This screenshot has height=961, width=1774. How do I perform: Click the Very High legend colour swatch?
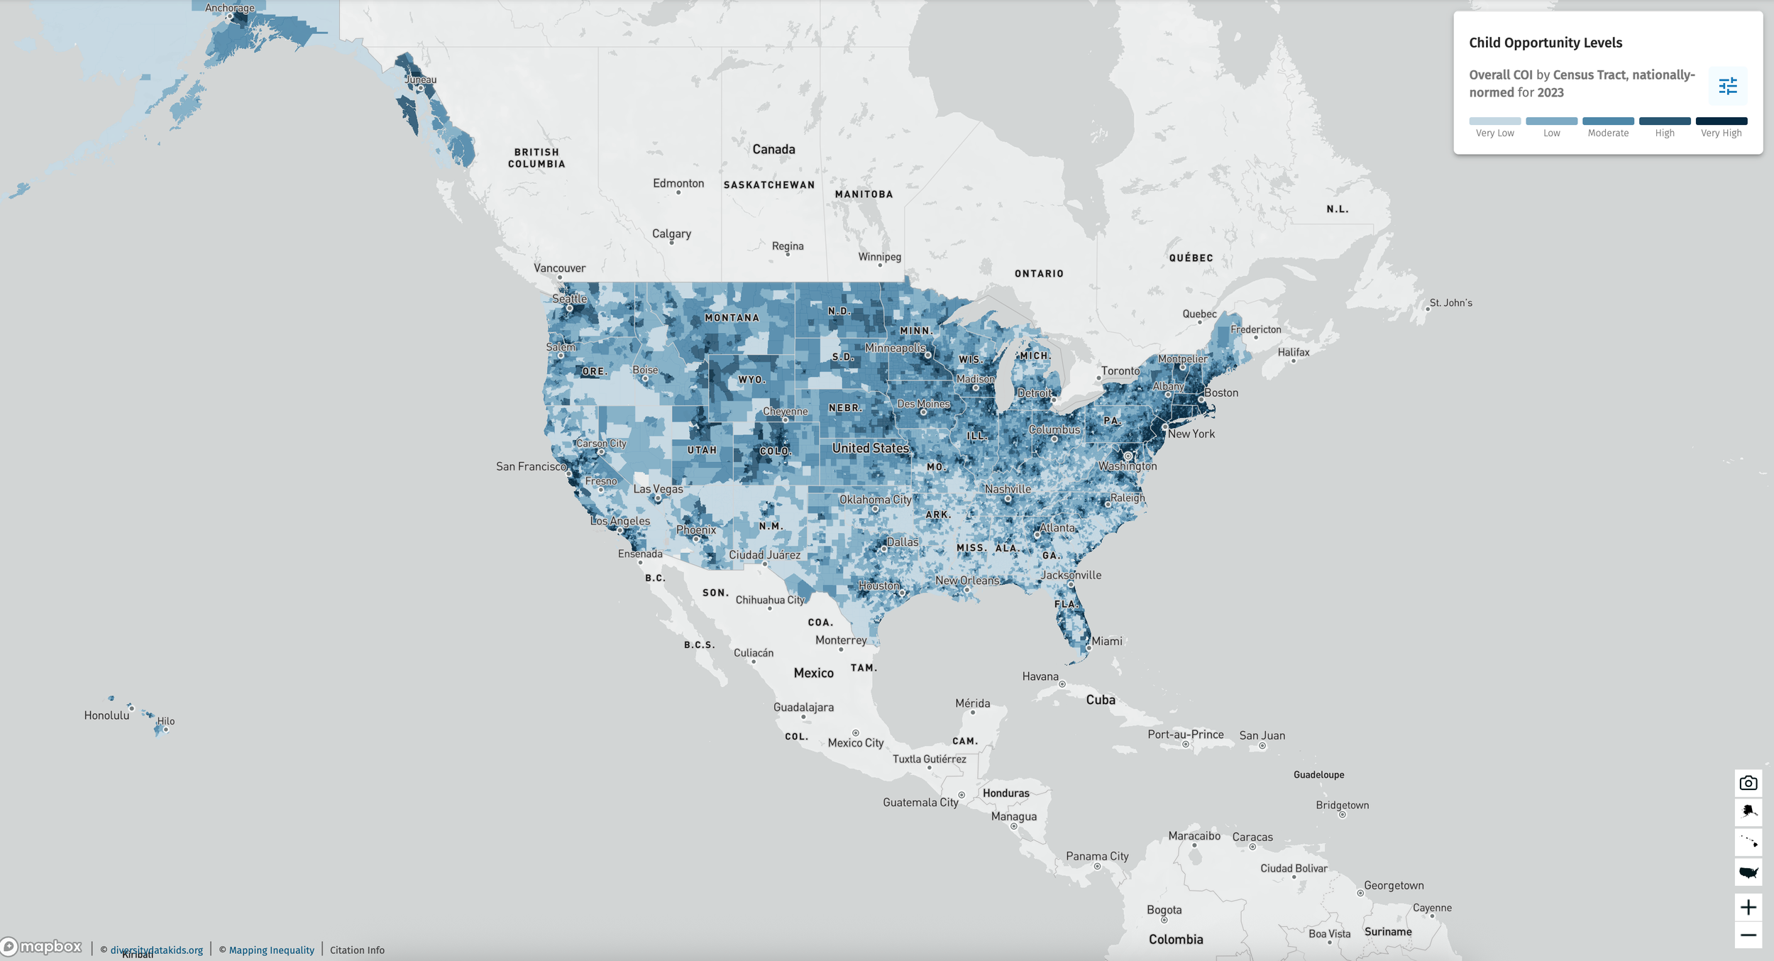click(1721, 121)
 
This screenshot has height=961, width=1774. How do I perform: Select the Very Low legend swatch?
click(1494, 121)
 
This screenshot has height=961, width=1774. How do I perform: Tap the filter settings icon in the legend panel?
click(1727, 87)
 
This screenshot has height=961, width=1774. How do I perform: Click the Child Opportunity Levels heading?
click(1545, 43)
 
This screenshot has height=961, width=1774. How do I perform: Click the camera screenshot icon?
click(1748, 783)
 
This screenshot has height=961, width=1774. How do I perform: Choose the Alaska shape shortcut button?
click(1748, 811)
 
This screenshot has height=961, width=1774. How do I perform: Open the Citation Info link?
click(357, 950)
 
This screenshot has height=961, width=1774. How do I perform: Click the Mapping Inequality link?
click(271, 950)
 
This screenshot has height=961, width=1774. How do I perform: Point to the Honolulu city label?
click(106, 715)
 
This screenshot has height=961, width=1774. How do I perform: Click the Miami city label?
click(1106, 641)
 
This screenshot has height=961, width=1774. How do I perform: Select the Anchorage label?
click(229, 8)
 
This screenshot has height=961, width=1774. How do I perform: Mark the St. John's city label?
click(1450, 303)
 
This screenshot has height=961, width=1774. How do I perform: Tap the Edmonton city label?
click(678, 183)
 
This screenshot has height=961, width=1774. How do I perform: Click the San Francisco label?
click(531, 466)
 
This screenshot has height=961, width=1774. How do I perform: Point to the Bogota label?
click(1164, 910)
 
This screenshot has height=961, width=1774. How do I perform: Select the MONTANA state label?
click(732, 318)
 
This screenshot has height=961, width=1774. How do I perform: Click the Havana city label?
click(1040, 676)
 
